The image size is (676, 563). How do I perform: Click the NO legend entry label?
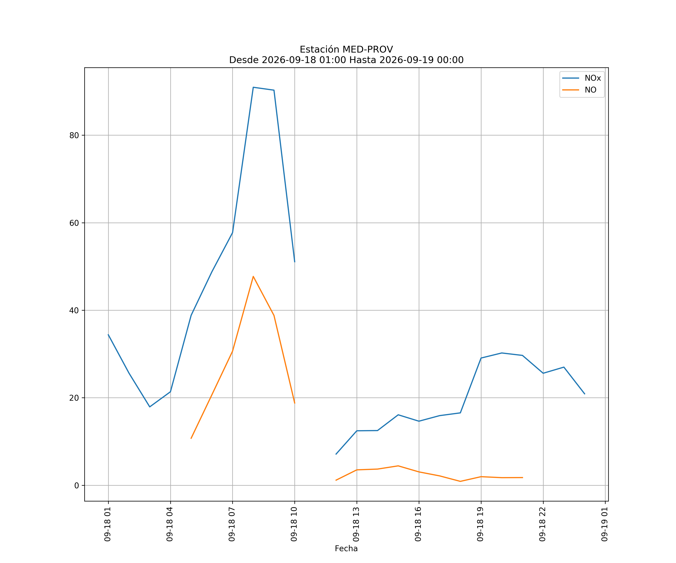[590, 90]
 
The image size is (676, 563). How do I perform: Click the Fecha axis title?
[346, 549]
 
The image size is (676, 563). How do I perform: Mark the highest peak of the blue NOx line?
[253, 87]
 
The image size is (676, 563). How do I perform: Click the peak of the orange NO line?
[253, 276]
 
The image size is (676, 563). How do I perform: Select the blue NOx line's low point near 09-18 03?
[150, 407]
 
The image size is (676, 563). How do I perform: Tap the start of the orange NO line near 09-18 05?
[191, 439]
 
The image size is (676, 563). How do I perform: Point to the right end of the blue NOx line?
[585, 394]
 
